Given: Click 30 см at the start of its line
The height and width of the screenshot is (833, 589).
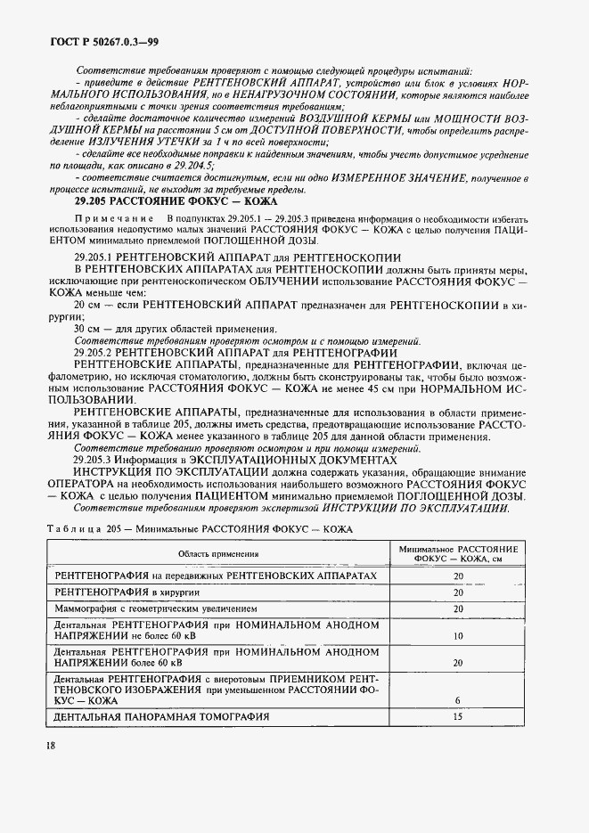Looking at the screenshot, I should [86, 329].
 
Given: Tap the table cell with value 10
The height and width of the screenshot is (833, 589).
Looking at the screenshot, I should [458, 637].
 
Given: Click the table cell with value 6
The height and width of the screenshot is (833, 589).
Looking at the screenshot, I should [458, 700].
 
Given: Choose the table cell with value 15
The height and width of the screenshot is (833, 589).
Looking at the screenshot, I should [458, 716].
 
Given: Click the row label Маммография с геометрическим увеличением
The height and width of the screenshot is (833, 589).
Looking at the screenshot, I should [157, 608].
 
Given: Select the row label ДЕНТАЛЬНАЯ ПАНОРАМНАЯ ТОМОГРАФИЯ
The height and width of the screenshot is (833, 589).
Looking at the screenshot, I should [162, 716].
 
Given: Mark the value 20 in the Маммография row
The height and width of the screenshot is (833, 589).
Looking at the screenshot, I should [458, 608].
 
